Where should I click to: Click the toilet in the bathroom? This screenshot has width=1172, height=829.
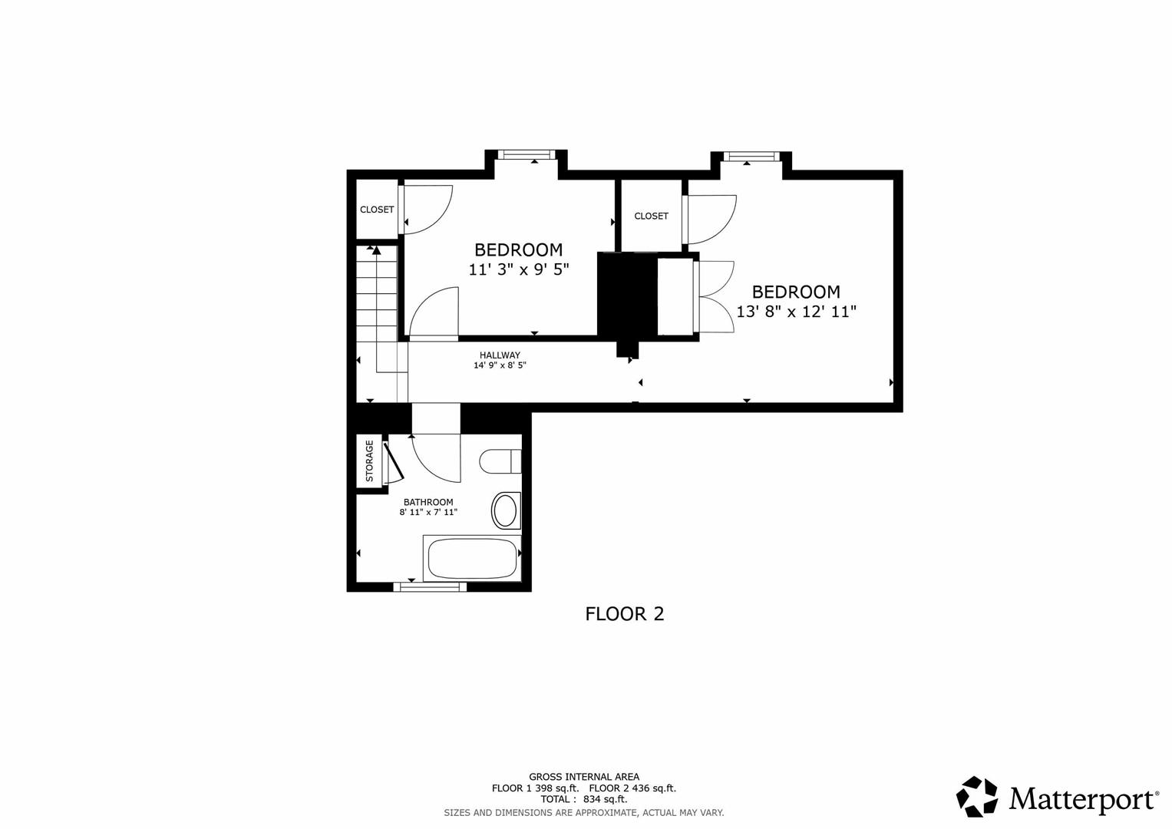[500, 462]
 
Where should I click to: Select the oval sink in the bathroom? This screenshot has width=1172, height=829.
[505, 510]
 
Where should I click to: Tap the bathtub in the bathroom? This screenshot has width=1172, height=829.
[471, 559]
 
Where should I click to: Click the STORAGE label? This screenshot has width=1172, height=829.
[369, 461]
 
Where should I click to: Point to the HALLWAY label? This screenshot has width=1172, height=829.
[500, 355]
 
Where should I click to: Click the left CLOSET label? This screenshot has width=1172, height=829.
[377, 210]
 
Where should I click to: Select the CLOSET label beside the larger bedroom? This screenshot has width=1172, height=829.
[651, 216]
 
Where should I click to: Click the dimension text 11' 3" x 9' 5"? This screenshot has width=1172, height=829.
[519, 269]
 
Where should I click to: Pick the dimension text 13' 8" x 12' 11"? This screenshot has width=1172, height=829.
[796, 312]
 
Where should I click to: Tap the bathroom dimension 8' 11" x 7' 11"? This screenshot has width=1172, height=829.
[428, 512]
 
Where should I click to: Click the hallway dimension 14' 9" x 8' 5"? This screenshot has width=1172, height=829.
[500, 365]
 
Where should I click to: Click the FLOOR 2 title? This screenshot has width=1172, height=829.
[624, 614]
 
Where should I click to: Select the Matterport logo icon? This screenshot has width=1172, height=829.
[977, 797]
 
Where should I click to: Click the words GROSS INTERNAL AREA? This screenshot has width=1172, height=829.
[583, 777]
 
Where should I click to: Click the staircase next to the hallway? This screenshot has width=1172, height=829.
[377, 307]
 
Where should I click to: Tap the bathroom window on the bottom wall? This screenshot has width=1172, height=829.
[430, 586]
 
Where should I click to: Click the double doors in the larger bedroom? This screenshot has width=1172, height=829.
[715, 296]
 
